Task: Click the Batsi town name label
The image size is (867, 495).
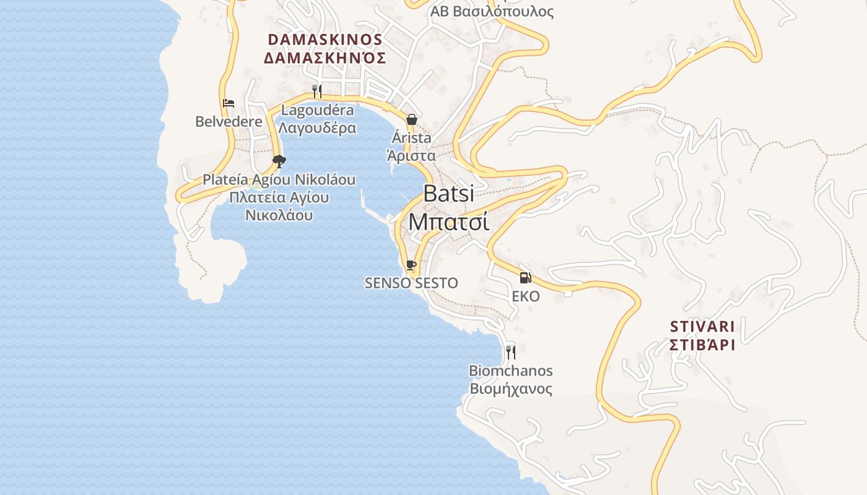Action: coord(448,194)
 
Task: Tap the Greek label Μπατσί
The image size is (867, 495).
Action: coord(448,222)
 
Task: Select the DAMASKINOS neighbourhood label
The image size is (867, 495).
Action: coord(325,39)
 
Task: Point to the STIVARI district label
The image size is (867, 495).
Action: coord(702,326)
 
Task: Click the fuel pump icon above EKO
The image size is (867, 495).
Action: coord(525,277)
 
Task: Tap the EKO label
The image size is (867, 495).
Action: coord(525,296)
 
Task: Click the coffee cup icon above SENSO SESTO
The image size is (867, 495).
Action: coord(411,265)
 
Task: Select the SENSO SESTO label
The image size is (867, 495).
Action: coord(411,283)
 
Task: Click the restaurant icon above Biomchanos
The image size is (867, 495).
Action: coord(510,352)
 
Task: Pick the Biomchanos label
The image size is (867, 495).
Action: coord(510,371)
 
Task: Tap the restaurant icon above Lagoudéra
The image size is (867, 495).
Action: coord(317,92)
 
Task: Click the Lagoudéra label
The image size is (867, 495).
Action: coord(317,111)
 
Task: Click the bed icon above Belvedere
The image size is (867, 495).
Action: coord(229,103)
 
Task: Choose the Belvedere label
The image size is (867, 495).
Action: coord(229,122)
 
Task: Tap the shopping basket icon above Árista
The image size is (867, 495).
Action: coord(411,119)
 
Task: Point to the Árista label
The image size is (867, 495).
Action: coord(411,138)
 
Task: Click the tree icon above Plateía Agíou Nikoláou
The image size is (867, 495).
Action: coord(279,161)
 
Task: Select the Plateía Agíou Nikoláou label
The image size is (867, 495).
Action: coord(279,180)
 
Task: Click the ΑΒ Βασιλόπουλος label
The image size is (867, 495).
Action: coord(492,12)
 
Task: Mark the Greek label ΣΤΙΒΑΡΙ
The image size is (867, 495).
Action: coord(702,345)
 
